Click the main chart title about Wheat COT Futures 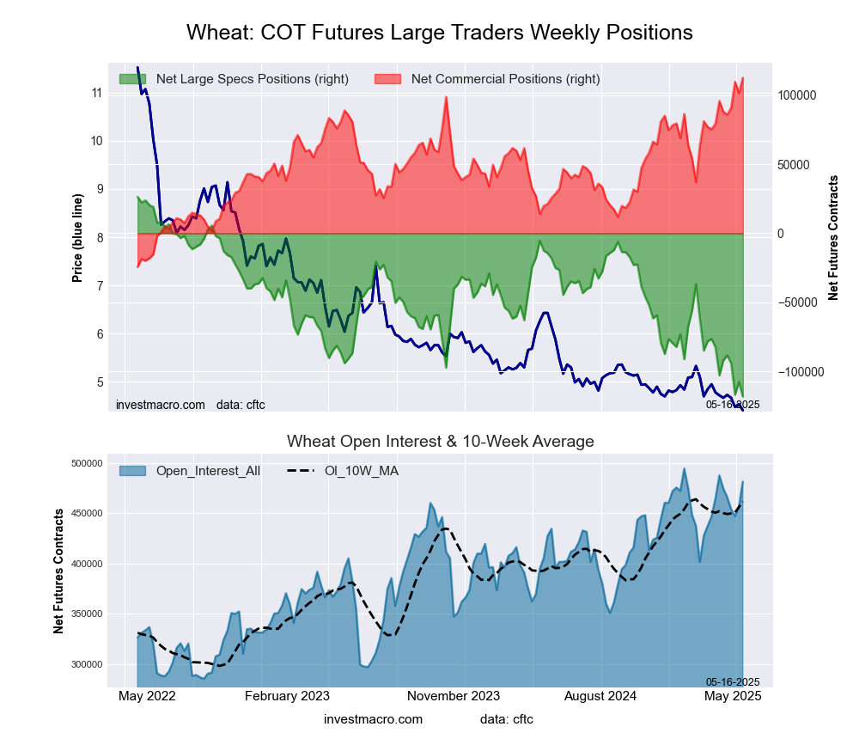439,33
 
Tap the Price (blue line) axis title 78,238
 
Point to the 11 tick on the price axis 96,93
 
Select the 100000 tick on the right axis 797,95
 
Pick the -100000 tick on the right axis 799,372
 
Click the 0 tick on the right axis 781,234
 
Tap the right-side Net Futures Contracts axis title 833,237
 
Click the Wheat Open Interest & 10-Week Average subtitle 440,442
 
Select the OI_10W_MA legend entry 361,471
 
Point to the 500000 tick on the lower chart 88,464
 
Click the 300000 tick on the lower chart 88,664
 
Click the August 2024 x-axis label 602,696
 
